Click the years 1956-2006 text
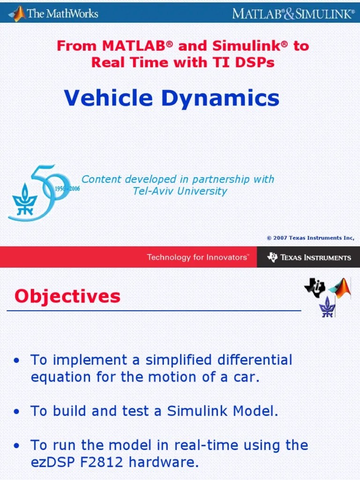67,188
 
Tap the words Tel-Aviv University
180,191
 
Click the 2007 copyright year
280,238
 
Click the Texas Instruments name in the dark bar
315,257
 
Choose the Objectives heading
67,296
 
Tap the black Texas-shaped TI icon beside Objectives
315,287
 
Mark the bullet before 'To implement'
17,361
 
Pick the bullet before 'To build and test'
17,412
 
